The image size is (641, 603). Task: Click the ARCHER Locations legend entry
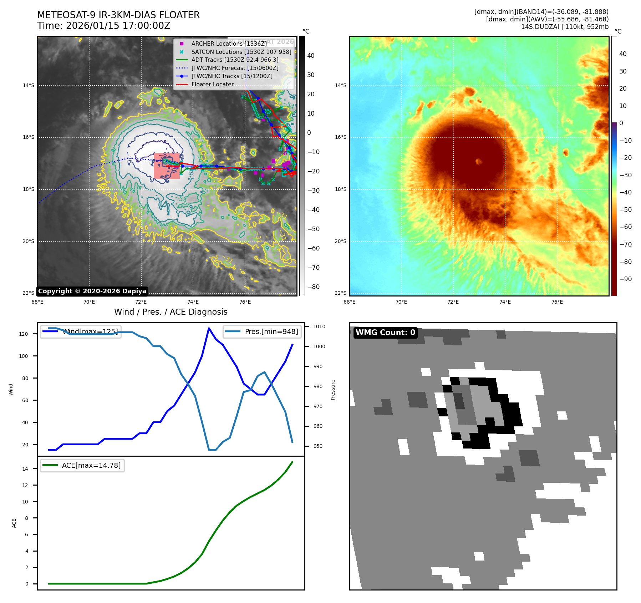point(229,44)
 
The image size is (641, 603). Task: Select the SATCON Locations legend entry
point(241,52)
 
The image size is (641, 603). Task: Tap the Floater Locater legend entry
point(212,85)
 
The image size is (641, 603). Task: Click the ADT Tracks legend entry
point(235,60)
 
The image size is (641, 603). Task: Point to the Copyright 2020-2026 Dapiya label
point(92,291)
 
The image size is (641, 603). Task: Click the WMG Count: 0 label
point(385,333)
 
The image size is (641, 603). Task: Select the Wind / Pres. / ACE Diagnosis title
point(171,312)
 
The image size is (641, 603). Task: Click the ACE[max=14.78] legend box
point(82,465)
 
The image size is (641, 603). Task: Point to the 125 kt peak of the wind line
point(209,328)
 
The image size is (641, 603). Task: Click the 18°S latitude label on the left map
point(29,189)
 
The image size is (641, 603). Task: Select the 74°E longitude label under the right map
point(505,302)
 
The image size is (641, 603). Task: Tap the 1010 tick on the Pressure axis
point(319,326)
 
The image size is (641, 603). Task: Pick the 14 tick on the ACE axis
point(25,469)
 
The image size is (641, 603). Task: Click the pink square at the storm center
point(167,166)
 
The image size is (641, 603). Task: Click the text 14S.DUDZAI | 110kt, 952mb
point(565,27)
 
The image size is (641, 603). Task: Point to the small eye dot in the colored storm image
point(478,161)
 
